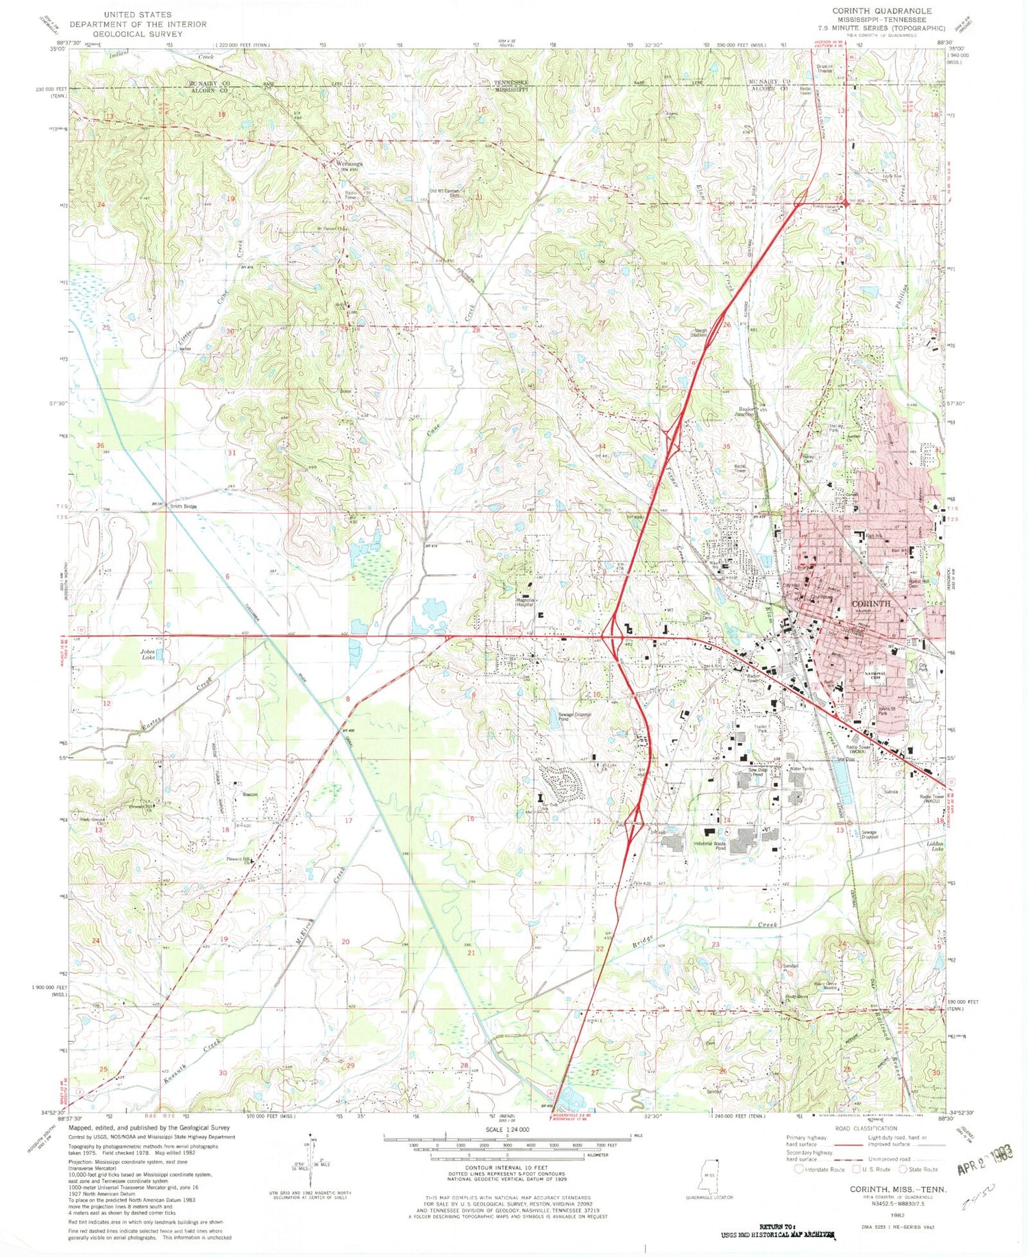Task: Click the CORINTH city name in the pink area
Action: [x=870, y=603]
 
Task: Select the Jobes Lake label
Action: [x=149, y=654]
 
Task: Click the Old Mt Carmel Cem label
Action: [x=444, y=192]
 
